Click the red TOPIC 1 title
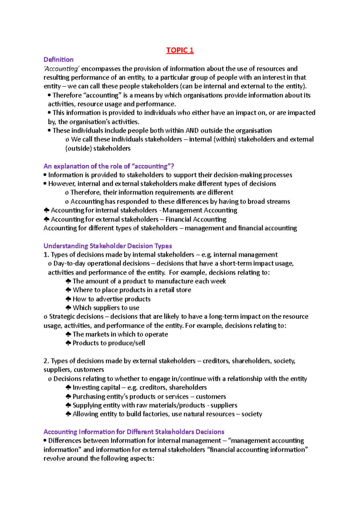(x=180, y=50)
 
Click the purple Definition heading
(x=58, y=59)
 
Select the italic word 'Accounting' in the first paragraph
(x=61, y=69)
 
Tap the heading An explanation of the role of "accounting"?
(x=109, y=166)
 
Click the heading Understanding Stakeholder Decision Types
(x=107, y=246)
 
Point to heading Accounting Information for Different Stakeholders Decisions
(x=134, y=432)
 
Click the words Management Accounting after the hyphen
(x=200, y=210)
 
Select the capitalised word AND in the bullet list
(x=192, y=130)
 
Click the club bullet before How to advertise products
(x=68, y=299)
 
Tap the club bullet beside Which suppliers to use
(x=68, y=308)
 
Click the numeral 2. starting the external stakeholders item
(x=46, y=361)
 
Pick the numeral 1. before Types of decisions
(x=46, y=255)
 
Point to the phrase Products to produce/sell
(x=109, y=343)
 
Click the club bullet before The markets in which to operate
(x=68, y=334)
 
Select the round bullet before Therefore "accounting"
(x=49, y=95)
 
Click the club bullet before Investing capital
(x=68, y=387)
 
